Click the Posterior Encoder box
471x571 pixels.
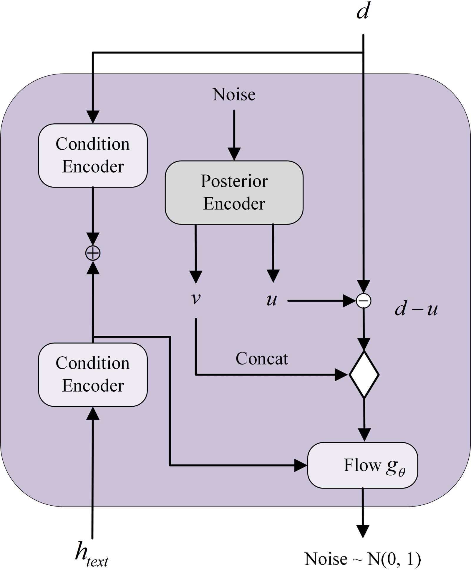[234, 192]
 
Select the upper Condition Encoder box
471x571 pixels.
[93, 155]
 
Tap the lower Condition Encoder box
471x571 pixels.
[93, 374]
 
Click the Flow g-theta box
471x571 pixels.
[362, 465]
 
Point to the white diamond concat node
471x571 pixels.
[364, 375]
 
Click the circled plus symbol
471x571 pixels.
[93, 253]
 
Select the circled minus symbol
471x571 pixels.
[364, 301]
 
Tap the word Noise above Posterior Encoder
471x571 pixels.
[234, 95]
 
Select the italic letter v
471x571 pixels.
[196, 298]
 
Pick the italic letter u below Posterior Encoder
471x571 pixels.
[272, 300]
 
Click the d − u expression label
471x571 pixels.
[416, 309]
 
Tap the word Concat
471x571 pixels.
[262, 358]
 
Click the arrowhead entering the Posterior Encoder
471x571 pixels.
[234, 154]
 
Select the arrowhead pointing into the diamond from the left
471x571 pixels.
[341, 375]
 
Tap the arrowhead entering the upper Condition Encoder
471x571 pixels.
[93, 117]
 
